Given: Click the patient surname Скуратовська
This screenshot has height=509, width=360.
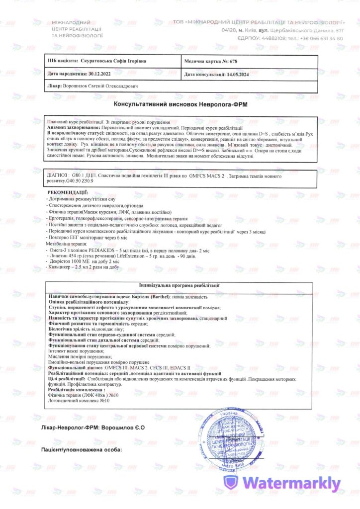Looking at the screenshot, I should (x=99, y=61).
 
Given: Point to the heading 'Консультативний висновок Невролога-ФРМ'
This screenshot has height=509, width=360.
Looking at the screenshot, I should (x=180, y=105).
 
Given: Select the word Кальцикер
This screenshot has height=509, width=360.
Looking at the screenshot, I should (x=59, y=267).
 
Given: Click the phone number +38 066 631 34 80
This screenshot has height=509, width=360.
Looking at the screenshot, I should (x=322, y=38).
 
